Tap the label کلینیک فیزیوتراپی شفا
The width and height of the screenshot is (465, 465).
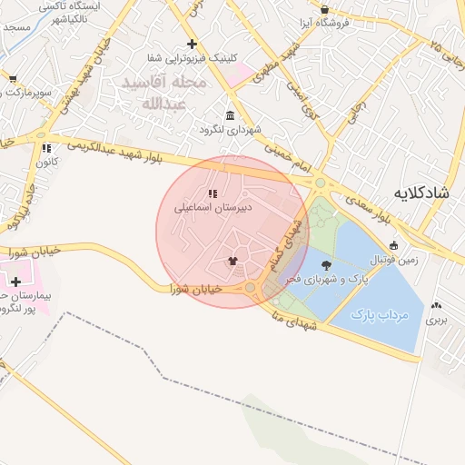pos(192,58)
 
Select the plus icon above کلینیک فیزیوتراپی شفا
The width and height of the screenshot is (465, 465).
pos(191,44)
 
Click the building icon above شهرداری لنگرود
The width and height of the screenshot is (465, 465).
pos(229,115)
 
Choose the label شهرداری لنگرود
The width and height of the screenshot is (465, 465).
pos(231,130)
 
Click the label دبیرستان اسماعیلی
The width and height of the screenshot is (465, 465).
pos(213,207)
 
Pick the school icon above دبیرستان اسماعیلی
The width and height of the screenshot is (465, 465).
pos(213,193)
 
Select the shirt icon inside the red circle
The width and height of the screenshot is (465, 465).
pos(233,261)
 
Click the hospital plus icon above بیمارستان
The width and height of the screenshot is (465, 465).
pos(15,282)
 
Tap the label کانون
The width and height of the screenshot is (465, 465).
pos(46,162)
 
